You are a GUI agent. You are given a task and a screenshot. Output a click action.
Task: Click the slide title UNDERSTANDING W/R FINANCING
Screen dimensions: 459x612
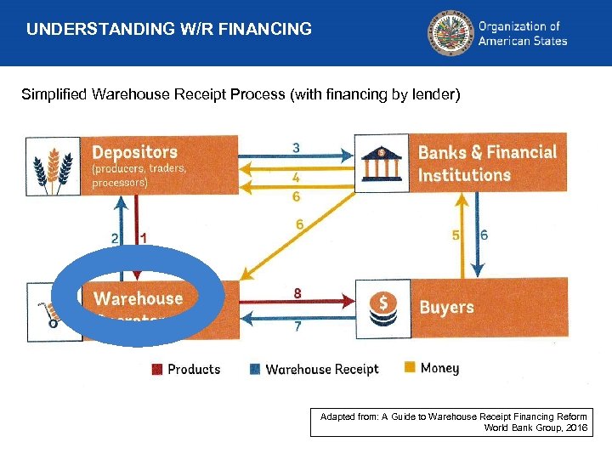point(168,30)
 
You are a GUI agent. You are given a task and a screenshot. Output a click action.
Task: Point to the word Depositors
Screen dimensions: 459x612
point(134,153)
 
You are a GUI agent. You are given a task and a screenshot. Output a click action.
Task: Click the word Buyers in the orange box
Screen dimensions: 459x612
point(446,307)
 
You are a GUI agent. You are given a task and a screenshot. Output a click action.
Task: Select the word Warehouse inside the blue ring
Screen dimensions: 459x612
point(138,298)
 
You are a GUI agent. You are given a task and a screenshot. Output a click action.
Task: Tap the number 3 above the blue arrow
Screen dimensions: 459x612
point(296,147)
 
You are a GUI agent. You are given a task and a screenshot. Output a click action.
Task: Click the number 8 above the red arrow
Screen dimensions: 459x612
point(297,292)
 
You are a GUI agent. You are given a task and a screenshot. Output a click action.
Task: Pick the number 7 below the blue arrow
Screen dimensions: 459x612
point(297,327)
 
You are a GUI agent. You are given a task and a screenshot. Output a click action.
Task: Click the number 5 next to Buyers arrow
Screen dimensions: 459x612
point(456,235)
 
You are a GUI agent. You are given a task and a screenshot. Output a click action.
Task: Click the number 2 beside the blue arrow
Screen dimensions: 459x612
point(115,239)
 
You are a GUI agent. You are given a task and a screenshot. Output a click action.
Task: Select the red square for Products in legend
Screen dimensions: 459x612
point(157,369)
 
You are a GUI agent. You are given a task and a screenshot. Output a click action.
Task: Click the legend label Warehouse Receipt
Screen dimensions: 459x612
point(321,369)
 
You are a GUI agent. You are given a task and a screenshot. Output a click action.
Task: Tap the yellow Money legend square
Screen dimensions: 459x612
point(409,367)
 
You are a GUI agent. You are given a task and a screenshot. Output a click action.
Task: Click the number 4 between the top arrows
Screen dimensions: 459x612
point(296,178)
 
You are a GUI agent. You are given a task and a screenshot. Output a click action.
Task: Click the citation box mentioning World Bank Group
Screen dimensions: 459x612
point(453,422)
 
